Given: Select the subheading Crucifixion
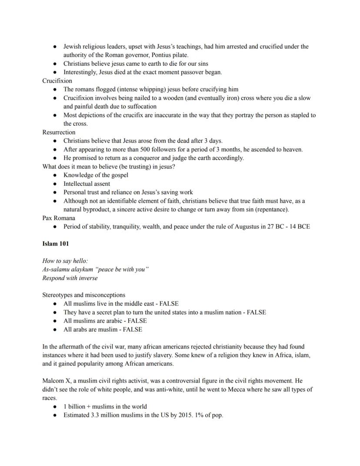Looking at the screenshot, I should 57,81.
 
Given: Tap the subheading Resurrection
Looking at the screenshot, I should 59,132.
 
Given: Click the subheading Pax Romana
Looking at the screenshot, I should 59,218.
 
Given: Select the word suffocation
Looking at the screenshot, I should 141,107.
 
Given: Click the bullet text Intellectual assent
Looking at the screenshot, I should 87,184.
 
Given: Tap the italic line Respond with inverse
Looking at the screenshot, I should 70,278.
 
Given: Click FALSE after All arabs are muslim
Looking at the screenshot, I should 133,329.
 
